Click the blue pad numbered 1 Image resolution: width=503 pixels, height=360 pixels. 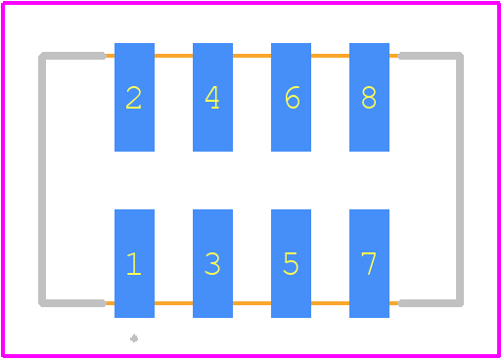click(x=134, y=263)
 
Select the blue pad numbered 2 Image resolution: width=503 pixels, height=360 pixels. click(x=134, y=97)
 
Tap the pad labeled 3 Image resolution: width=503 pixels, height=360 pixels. click(x=212, y=263)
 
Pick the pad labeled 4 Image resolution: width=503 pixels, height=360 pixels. click(x=212, y=97)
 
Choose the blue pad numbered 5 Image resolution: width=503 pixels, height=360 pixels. click(x=291, y=263)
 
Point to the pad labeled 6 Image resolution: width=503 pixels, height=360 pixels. click(x=291, y=97)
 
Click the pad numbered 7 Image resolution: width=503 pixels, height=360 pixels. click(x=369, y=263)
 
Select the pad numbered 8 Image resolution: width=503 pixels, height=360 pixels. click(x=369, y=97)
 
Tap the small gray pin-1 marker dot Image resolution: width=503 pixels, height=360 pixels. click(x=134, y=338)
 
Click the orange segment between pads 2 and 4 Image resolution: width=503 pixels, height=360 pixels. click(x=173, y=56)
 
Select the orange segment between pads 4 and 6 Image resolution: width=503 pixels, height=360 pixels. click(x=251, y=56)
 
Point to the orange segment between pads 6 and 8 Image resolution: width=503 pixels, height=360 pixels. click(x=330, y=56)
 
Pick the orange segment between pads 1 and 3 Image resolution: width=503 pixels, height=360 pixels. click(x=173, y=303)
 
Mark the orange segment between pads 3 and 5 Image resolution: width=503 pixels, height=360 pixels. click(x=251, y=303)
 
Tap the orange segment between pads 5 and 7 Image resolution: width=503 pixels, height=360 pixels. click(x=330, y=303)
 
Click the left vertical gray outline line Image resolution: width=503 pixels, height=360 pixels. click(x=42, y=179)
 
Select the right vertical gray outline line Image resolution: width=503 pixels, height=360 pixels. click(x=460, y=179)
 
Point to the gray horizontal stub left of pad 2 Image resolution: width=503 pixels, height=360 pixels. click(x=72, y=56)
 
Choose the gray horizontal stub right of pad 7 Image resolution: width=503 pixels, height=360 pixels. click(x=431, y=303)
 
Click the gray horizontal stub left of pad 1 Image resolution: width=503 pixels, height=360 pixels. click(x=72, y=303)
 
